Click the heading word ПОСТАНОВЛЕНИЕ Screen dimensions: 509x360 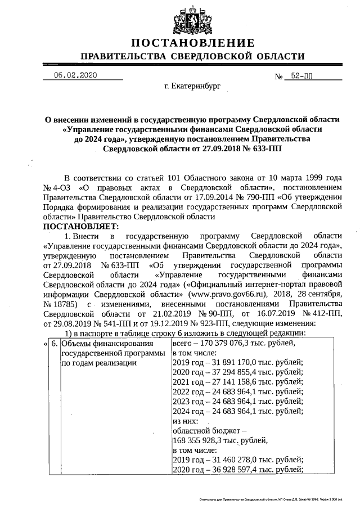(193, 43)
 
